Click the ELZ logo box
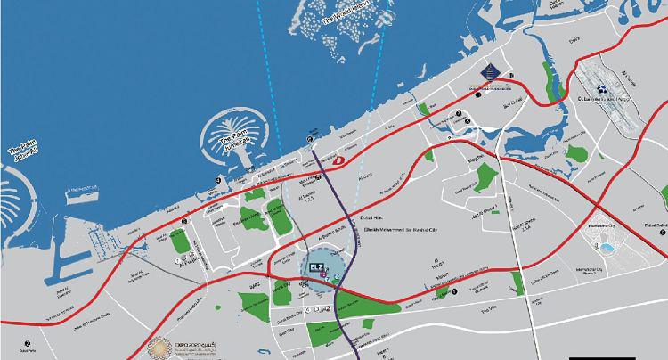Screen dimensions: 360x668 [x=316, y=266]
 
